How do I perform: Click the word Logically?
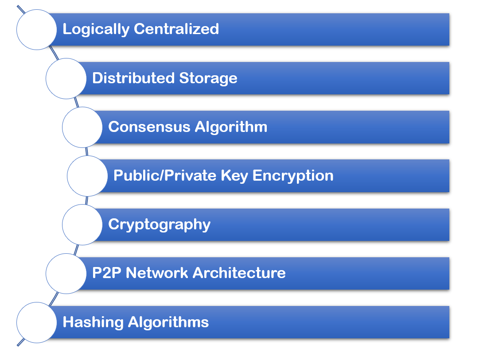(x=96, y=30)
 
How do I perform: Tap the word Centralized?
(x=176, y=29)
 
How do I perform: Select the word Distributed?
(x=133, y=78)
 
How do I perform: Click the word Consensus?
(x=149, y=127)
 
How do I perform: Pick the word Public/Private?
(x=165, y=175)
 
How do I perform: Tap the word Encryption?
(x=293, y=176)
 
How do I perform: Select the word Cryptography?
(x=159, y=225)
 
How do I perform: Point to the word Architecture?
(x=239, y=273)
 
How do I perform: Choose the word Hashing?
(x=93, y=323)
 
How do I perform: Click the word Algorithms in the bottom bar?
(x=168, y=323)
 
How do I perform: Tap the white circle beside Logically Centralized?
(x=37, y=30)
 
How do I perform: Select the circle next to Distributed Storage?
(x=66, y=78)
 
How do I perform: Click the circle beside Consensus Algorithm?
(x=82, y=127)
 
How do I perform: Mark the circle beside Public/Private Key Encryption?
(x=87, y=176)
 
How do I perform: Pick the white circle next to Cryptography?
(x=82, y=225)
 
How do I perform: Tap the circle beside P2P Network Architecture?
(x=66, y=273)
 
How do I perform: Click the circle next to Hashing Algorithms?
(x=37, y=322)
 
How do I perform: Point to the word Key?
(x=234, y=176)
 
